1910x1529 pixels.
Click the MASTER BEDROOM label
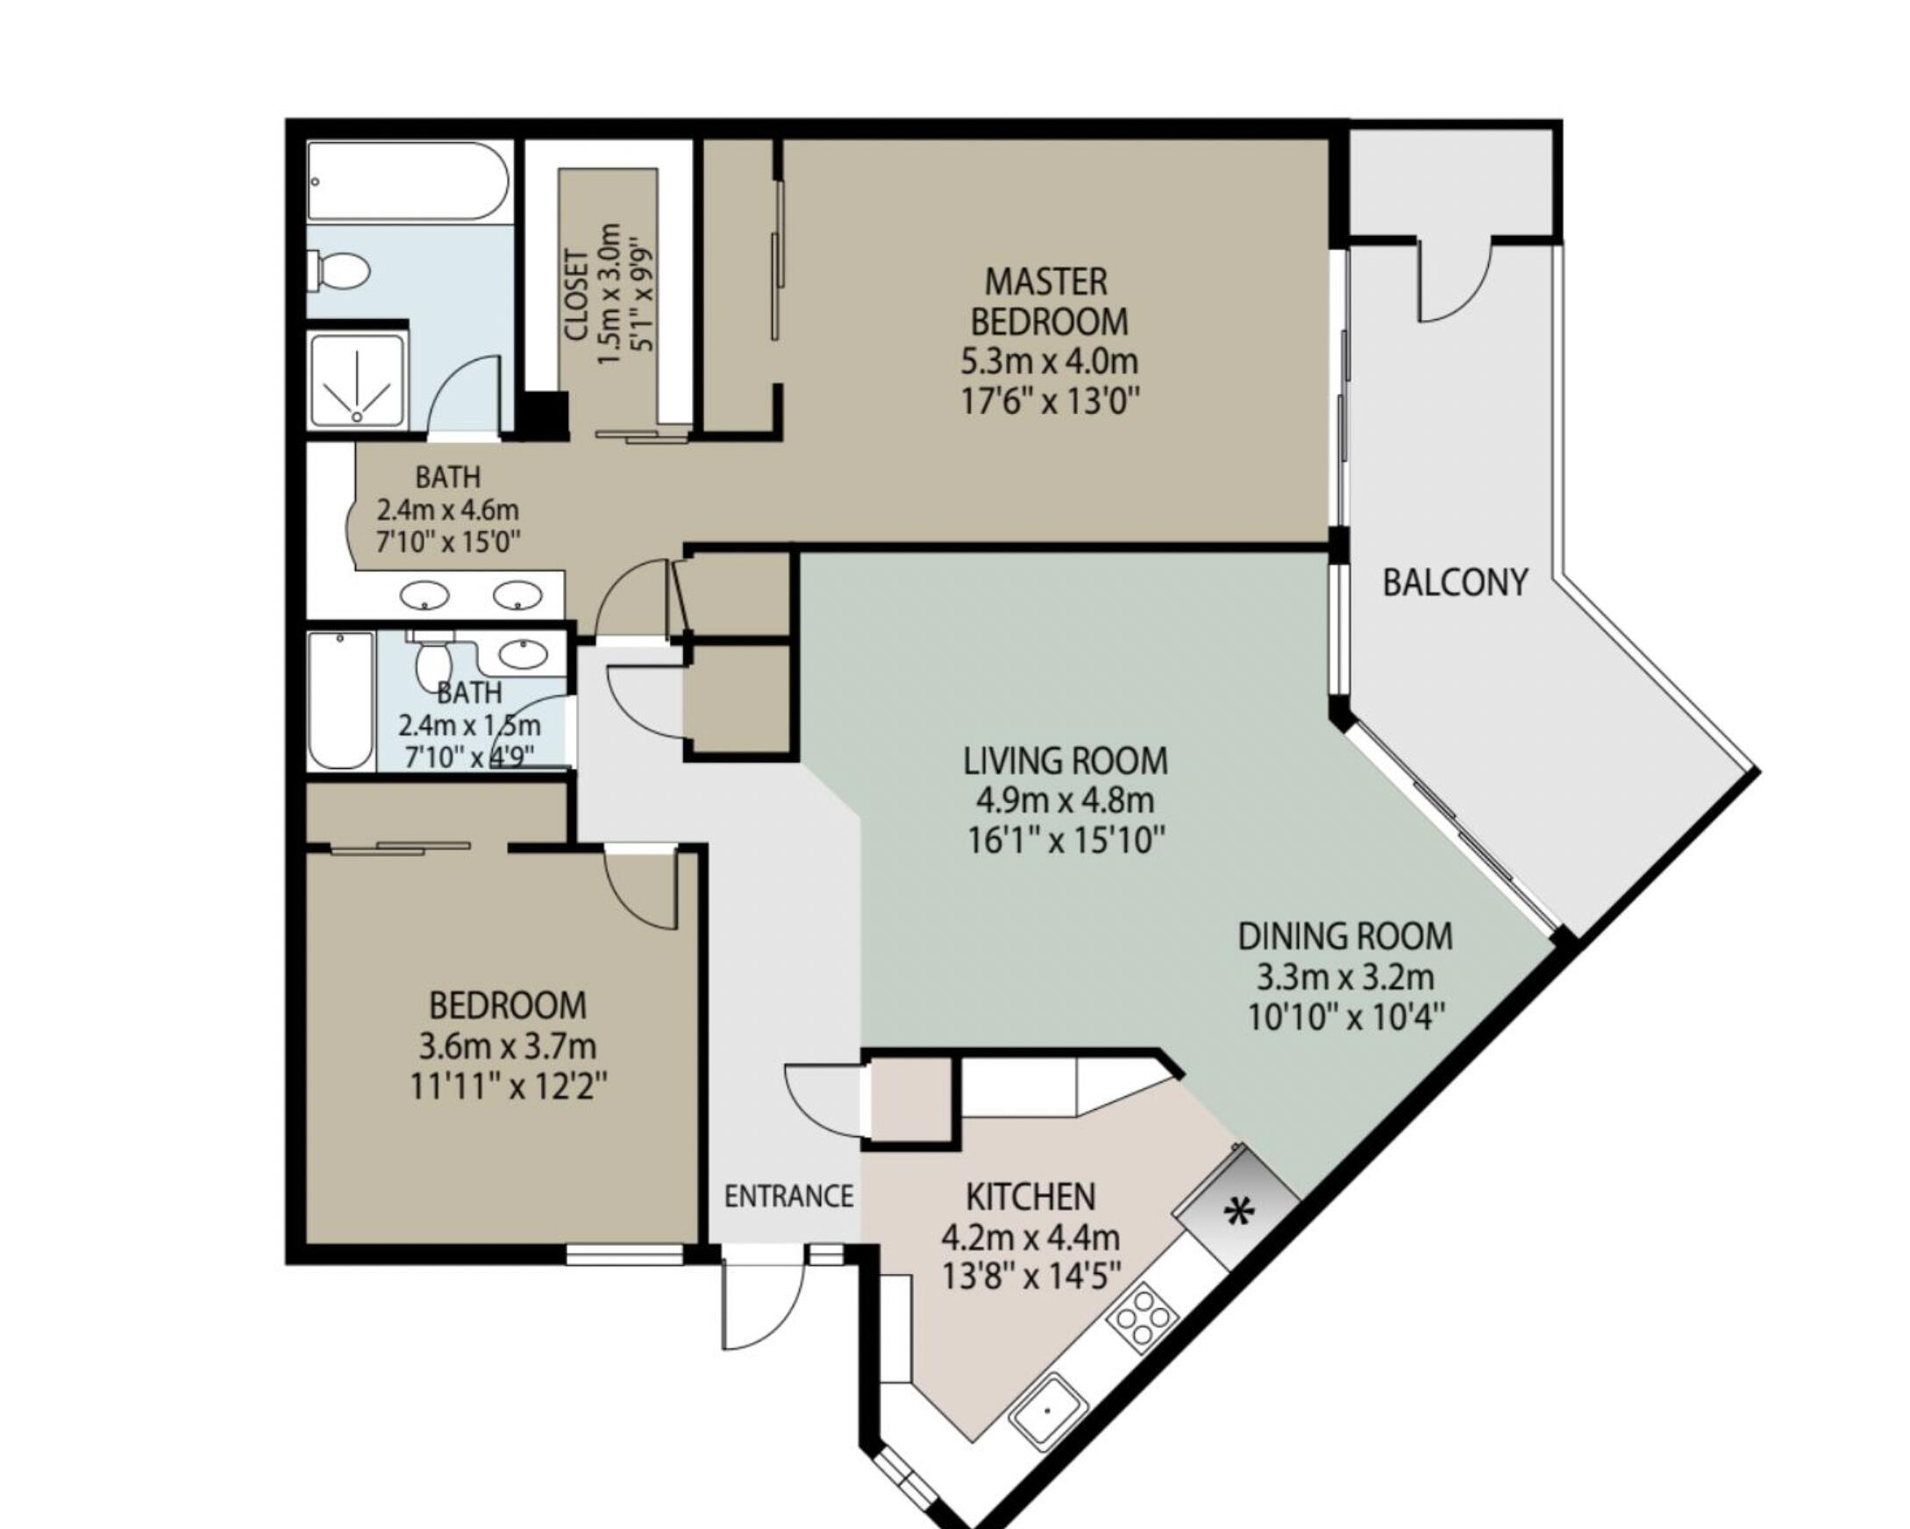coord(1048,302)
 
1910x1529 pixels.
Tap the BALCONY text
coord(1455,583)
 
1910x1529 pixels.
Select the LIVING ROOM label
coord(1065,761)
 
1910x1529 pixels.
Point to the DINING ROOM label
coord(1344,936)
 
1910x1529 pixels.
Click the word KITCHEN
coord(1030,1197)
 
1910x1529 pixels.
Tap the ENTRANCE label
coord(788,1197)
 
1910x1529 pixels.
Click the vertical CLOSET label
coord(577,295)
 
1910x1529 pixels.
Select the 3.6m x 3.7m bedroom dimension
coord(507,1046)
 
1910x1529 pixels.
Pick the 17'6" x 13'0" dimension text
coord(1049,402)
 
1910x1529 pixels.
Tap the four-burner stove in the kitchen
coord(1143,1318)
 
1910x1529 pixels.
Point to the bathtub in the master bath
coord(407,181)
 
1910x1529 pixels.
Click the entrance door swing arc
coord(760,1301)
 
